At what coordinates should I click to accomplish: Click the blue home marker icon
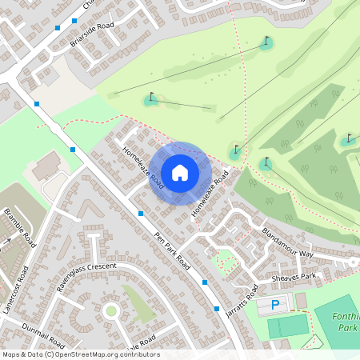pyautogui.click(x=180, y=171)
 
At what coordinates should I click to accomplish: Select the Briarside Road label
pyautogui.click(x=92, y=36)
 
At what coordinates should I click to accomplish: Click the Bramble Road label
pyautogui.click(x=21, y=226)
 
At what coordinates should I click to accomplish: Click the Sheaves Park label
pyautogui.click(x=294, y=277)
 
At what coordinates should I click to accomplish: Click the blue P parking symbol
pyautogui.click(x=276, y=305)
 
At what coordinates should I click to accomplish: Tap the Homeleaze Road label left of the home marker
pyautogui.click(x=143, y=167)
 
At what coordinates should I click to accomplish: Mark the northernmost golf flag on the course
pyautogui.click(x=266, y=42)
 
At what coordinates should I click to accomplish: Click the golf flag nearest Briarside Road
pyautogui.click(x=150, y=99)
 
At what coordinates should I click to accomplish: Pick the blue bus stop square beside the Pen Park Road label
pyautogui.click(x=141, y=214)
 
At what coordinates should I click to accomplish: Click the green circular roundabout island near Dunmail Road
pyautogui.click(x=110, y=310)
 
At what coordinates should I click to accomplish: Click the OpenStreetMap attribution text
pyautogui.click(x=80, y=354)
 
